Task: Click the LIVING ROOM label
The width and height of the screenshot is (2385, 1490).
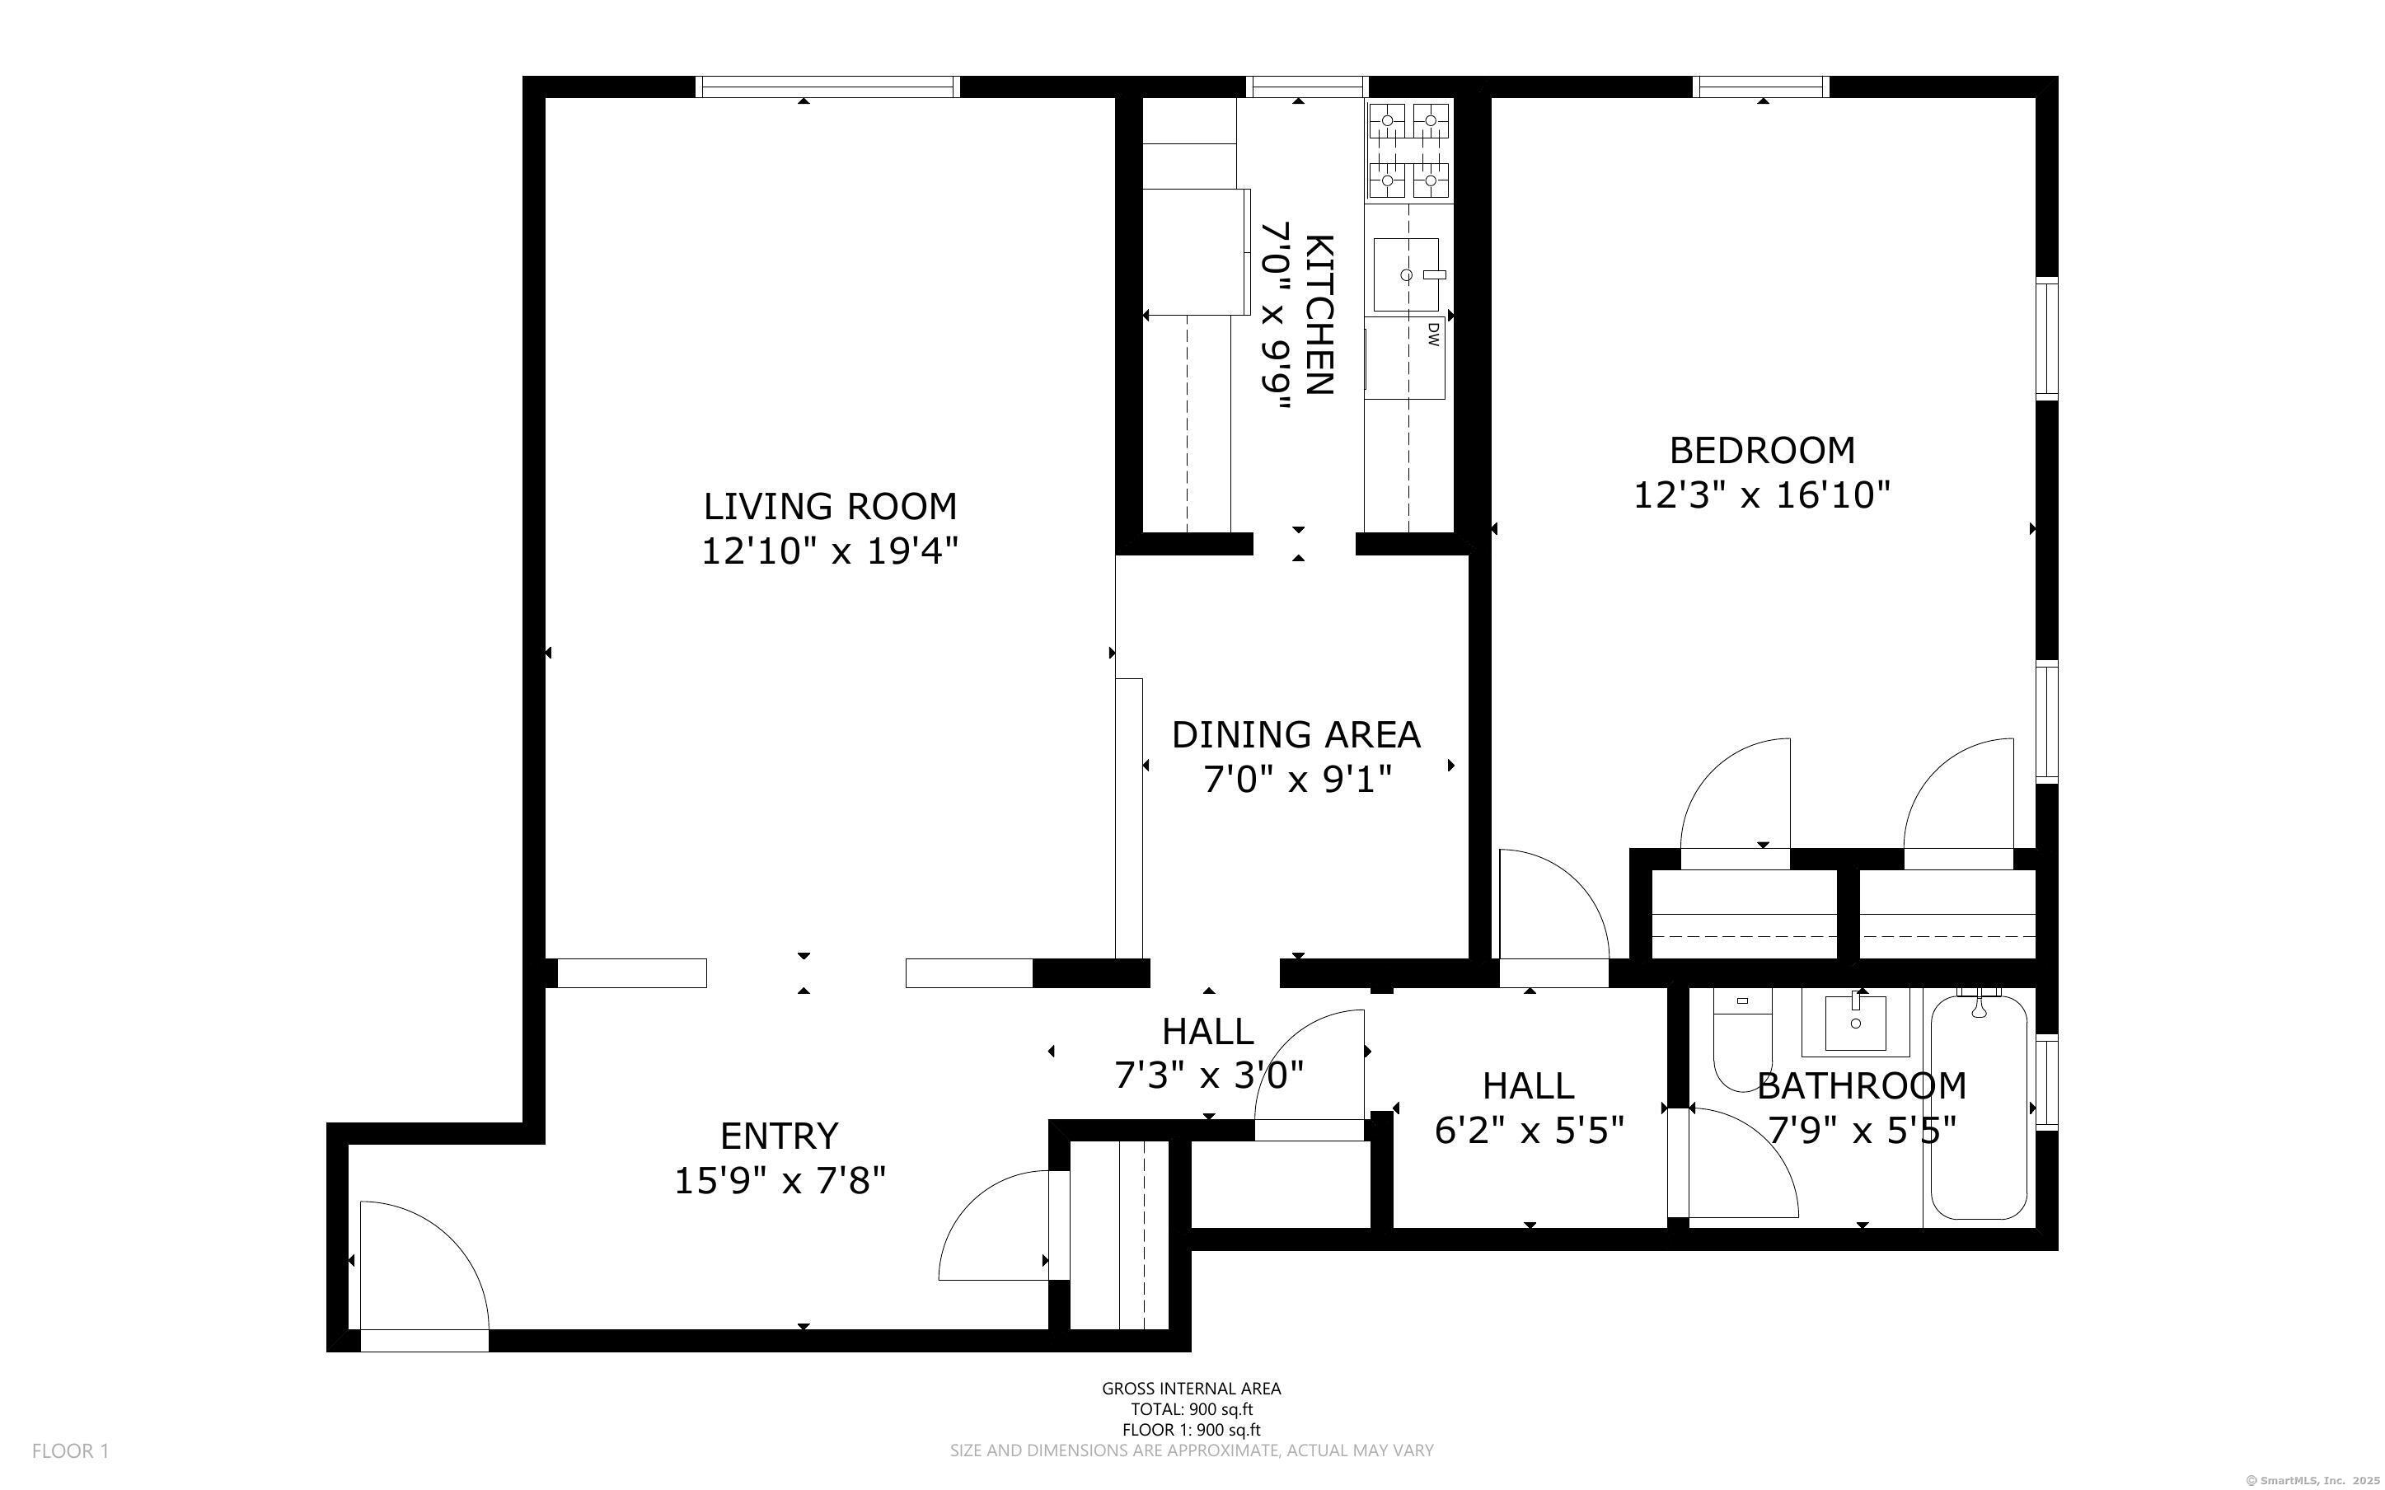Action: click(830, 507)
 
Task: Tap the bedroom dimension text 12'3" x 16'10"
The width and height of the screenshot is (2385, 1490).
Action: click(1763, 494)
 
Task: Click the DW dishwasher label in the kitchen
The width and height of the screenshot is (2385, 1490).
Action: click(1433, 335)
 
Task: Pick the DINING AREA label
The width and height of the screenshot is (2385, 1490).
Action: click(1296, 735)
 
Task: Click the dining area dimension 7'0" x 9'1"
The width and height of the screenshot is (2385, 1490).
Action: click(1297, 780)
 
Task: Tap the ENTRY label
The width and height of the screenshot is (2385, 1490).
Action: click(780, 1136)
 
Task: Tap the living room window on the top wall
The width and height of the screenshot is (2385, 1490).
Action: click(827, 87)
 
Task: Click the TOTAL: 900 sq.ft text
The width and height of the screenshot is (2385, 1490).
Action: click(1191, 1409)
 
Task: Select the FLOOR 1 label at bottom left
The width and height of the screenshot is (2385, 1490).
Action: click(70, 1450)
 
